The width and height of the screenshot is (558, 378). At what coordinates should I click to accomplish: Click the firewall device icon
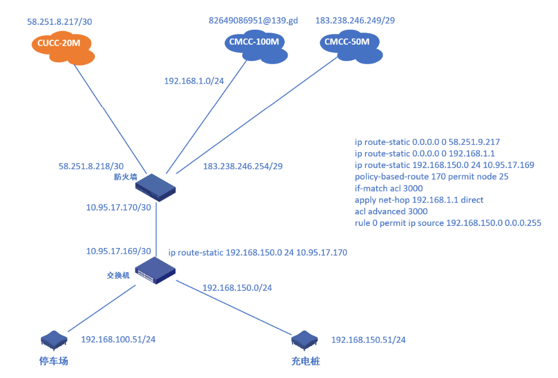pos(156,187)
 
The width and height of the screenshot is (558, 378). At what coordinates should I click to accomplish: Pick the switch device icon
pos(156,271)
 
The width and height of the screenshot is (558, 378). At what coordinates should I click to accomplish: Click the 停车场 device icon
pos(54,341)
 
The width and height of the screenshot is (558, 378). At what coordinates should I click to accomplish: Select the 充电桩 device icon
pos(305,341)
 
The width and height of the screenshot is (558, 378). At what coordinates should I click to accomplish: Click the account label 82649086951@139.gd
pos(253,20)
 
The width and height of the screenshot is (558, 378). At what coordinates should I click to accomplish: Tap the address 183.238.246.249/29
pos(355,20)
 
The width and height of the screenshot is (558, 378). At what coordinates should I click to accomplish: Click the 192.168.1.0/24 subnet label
pos(193,80)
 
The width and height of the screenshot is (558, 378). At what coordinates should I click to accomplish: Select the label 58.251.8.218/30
pos(91,165)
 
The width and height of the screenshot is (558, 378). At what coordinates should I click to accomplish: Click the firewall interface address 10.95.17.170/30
pos(118,208)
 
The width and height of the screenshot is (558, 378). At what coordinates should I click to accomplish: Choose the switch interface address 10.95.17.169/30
pos(118,251)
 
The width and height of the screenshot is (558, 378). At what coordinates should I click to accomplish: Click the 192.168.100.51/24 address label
pos(118,339)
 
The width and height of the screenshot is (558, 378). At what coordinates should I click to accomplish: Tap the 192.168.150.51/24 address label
pos(368,340)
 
